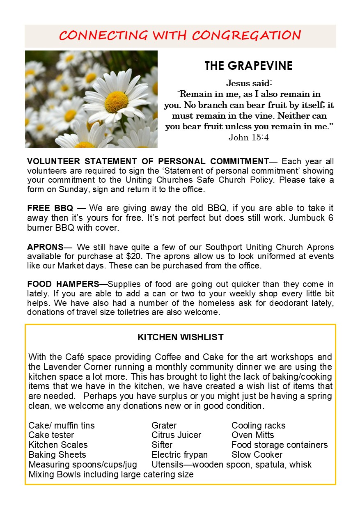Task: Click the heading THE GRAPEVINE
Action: tap(248, 66)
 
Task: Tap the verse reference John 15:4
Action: tap(248, 137)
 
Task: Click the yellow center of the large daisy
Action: tap(116, 102)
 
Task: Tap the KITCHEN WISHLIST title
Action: tap(181, 337)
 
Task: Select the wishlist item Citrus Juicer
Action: tap(176, 435)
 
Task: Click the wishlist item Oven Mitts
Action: tap(252, 435)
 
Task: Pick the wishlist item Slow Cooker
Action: tap(257, 455)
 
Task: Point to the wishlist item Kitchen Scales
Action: tap(58, 445)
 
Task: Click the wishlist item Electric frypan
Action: tap(179, 455)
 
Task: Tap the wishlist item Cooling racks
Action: tap(258, 425)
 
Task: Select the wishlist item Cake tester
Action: tap(51, 435)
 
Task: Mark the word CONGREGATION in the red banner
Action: tap(246, 36)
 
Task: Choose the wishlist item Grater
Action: tap(164, 425)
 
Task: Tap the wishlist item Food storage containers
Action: tap(280, 445)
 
